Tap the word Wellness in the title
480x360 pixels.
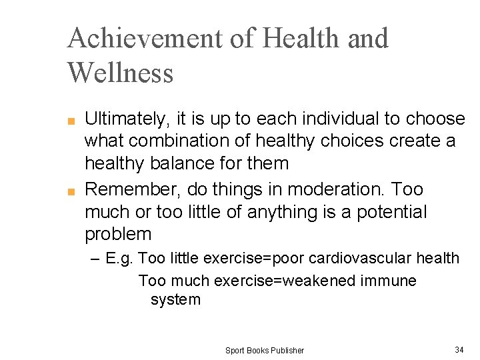click(120, 72)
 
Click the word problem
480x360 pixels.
click(118, 235)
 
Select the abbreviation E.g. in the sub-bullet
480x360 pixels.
click(121, 258)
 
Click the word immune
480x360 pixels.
click(388, 281)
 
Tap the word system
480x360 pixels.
click(175, 299)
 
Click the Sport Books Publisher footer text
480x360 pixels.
click(264, 350)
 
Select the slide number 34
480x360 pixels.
click(459, 349)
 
